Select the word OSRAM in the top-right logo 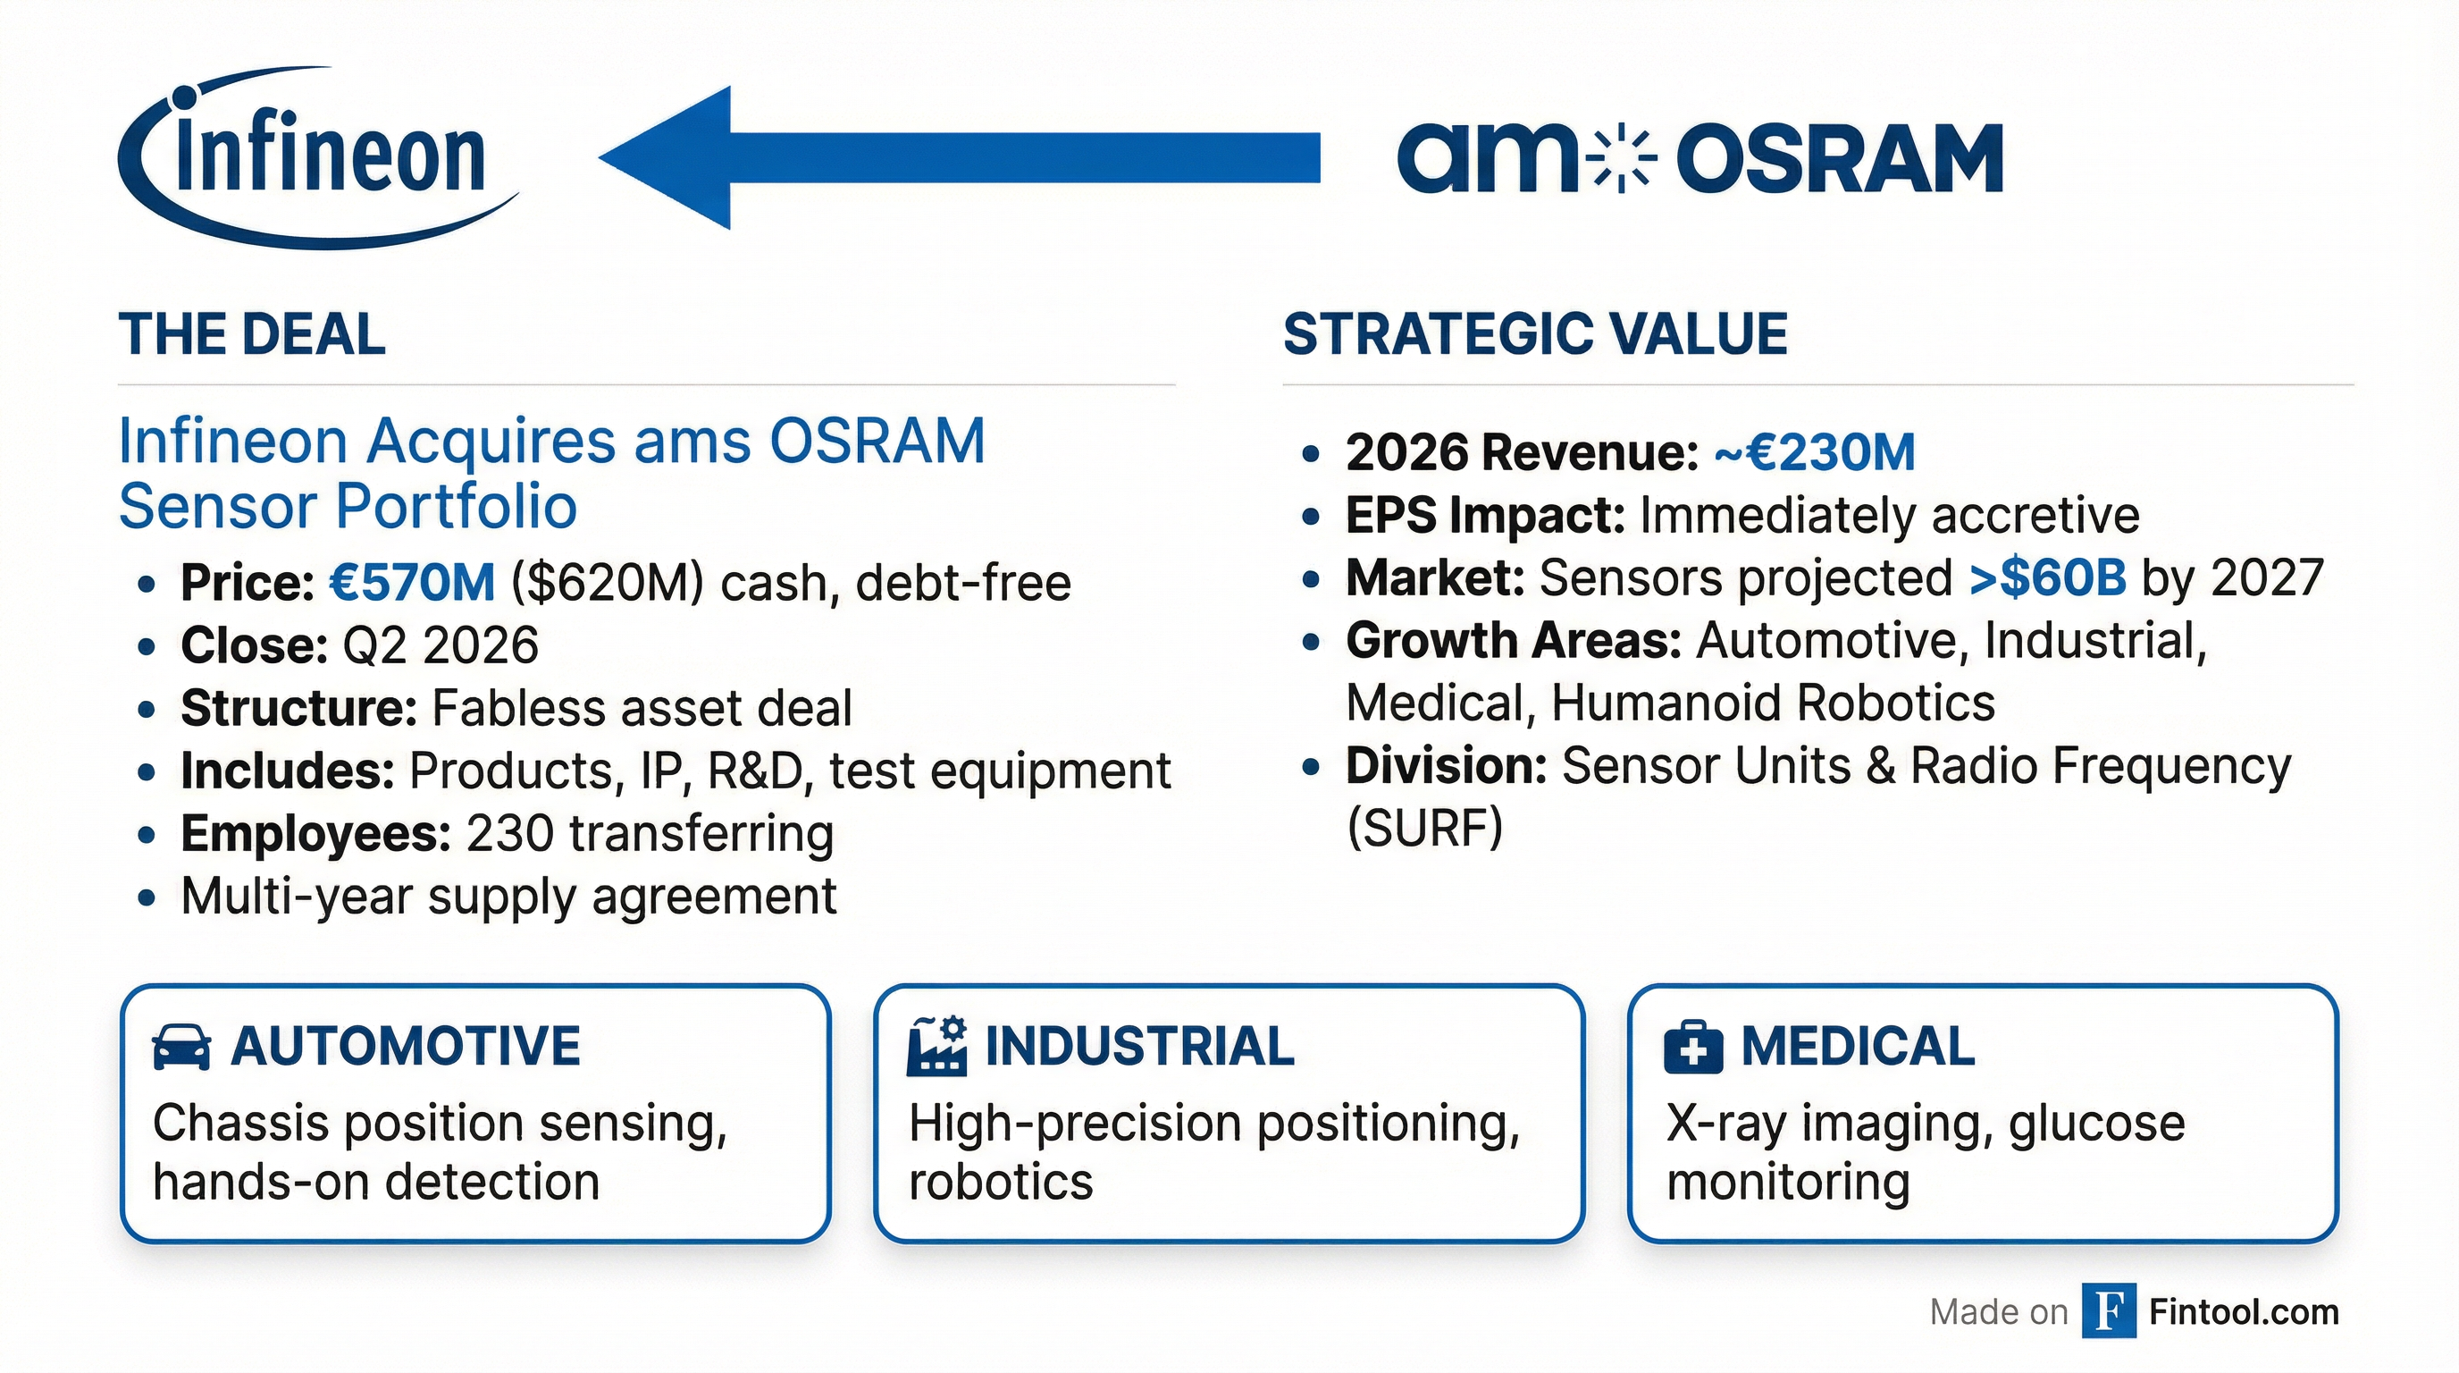[x=1840, y=159]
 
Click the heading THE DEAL [x=252, y=335]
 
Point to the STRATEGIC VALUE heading [x=1535, y=335]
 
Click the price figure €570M [x=413, y=583]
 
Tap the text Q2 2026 [x=440, y=645]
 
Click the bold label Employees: [x=316, y=833]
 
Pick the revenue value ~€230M [x=1815, y=452]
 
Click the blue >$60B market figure [x=2048, y=578]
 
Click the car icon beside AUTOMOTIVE [x=181, y=1048]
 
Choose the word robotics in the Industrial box [x=1001, y=1182]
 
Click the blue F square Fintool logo [x=2108, y=1312]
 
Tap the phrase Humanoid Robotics [x=1773, y=703]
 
